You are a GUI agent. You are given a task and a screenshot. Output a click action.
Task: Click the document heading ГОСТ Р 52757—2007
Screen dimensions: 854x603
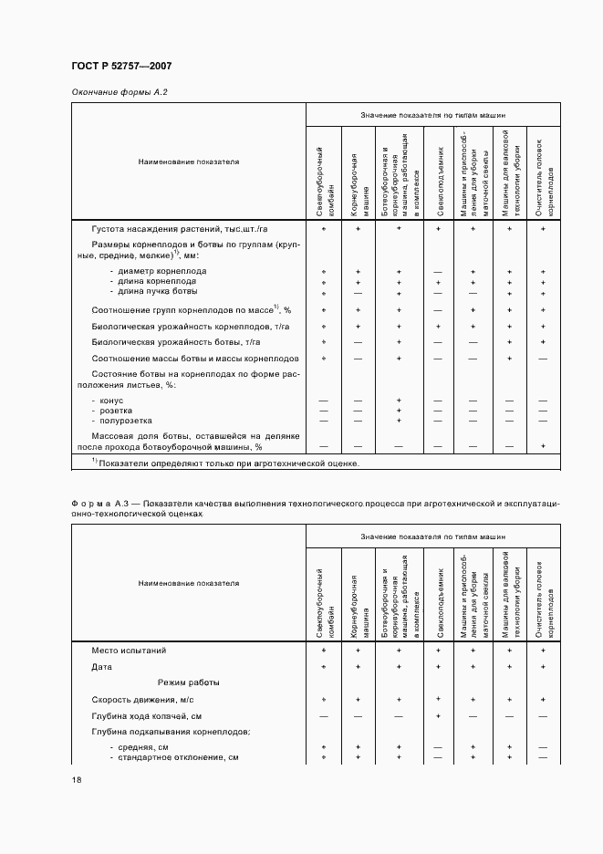[121, 67]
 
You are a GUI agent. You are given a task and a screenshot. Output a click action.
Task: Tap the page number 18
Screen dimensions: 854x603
[76, 779]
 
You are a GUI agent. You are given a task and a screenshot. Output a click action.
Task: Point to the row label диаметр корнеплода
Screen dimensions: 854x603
[162, 271]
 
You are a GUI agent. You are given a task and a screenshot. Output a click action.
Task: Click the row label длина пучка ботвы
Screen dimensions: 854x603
[157, 292]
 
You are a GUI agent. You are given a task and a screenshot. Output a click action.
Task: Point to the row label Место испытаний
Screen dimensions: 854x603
[129, 651]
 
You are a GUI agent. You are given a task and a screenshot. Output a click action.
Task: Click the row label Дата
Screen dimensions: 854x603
[102, 667]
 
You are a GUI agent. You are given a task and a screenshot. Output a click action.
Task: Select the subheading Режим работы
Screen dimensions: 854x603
[188, 682]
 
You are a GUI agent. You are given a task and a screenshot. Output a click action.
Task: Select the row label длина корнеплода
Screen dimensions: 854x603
[161, 282]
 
